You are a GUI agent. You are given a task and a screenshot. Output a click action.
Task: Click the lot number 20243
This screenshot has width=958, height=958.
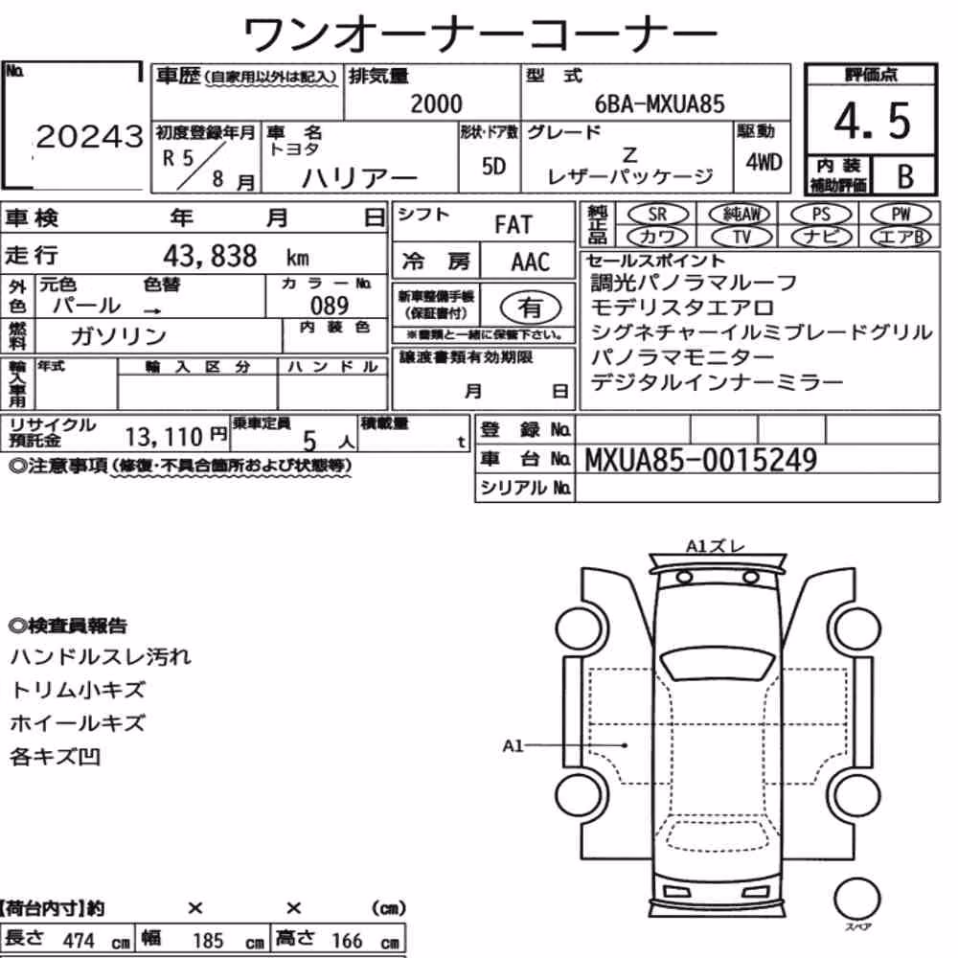pos(90,136)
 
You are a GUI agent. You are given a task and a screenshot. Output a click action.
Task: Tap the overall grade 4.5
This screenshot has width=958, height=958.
pos(872,121)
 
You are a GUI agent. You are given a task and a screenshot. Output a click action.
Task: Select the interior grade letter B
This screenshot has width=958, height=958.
pos(905,176)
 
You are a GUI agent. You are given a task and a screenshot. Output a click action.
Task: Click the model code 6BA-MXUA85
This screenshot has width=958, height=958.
pos(659,103)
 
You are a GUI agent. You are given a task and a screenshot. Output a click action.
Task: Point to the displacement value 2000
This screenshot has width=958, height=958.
pos(436,103)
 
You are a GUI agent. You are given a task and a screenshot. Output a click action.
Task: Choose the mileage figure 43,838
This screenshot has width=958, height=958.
pos(210,256)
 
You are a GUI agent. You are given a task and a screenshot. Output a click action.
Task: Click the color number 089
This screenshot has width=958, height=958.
pos(330,305)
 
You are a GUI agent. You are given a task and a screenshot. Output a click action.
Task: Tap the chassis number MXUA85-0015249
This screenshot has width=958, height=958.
pos(701,460)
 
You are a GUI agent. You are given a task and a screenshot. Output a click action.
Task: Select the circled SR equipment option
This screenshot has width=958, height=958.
pos(657,215)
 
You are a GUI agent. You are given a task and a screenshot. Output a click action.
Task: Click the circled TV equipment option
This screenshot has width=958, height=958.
pos(741,237)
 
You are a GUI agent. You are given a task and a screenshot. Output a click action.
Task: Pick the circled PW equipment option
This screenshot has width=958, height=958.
pos(901,215)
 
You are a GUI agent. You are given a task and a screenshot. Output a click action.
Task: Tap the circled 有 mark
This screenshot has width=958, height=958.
pos(530,308)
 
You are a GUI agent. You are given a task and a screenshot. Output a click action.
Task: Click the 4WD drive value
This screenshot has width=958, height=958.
pos(764,163)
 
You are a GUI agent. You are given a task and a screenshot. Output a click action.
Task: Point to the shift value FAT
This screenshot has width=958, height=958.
pos(513,225)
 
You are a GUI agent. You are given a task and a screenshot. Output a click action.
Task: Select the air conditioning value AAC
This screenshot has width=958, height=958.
pos(531,262)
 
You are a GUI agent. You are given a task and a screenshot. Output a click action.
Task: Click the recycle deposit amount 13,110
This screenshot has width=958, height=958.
pos(164,437)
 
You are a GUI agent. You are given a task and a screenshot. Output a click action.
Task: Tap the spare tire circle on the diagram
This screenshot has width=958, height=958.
pos(856,899)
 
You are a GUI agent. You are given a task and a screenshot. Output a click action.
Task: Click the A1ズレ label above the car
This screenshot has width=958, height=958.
pos(716,546)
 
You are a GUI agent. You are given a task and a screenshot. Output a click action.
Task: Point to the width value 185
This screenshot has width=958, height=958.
pos(208,941)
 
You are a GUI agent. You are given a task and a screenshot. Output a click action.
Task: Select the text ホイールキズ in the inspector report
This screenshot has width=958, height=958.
pos(78,723)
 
